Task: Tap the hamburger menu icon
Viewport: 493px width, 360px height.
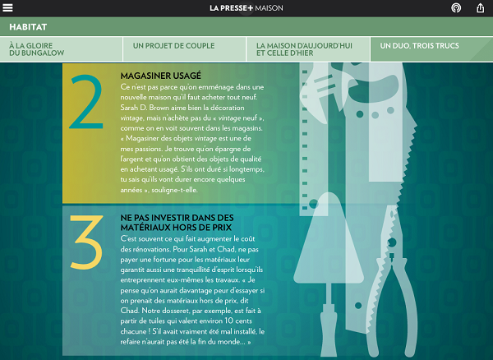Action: (x=7, y=7)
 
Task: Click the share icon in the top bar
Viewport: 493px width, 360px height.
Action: (x=480, y=7)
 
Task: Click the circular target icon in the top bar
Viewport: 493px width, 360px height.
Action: (x=456, y=7)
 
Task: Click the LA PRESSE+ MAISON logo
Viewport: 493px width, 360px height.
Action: (x=246, y=8)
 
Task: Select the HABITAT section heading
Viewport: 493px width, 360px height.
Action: (x=28, y=27)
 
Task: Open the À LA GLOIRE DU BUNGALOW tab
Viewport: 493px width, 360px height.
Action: (x=36, y=49)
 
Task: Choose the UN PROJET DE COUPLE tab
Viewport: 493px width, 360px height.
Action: (x=173, y=46)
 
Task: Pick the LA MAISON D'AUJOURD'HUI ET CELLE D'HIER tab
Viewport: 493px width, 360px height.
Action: (x=304, y=49)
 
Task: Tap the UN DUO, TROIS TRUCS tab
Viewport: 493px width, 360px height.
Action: (x=419, y=46)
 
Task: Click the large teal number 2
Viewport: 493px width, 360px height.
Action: (x=85, y=102)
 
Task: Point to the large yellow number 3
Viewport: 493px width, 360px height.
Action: (x=86, y=242)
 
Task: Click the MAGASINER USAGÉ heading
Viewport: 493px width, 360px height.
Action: (x=161, y=76)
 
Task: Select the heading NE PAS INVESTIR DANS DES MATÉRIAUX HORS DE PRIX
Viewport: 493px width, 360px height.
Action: (x=177, y=223)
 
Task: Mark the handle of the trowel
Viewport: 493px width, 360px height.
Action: (x=329, y=330)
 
